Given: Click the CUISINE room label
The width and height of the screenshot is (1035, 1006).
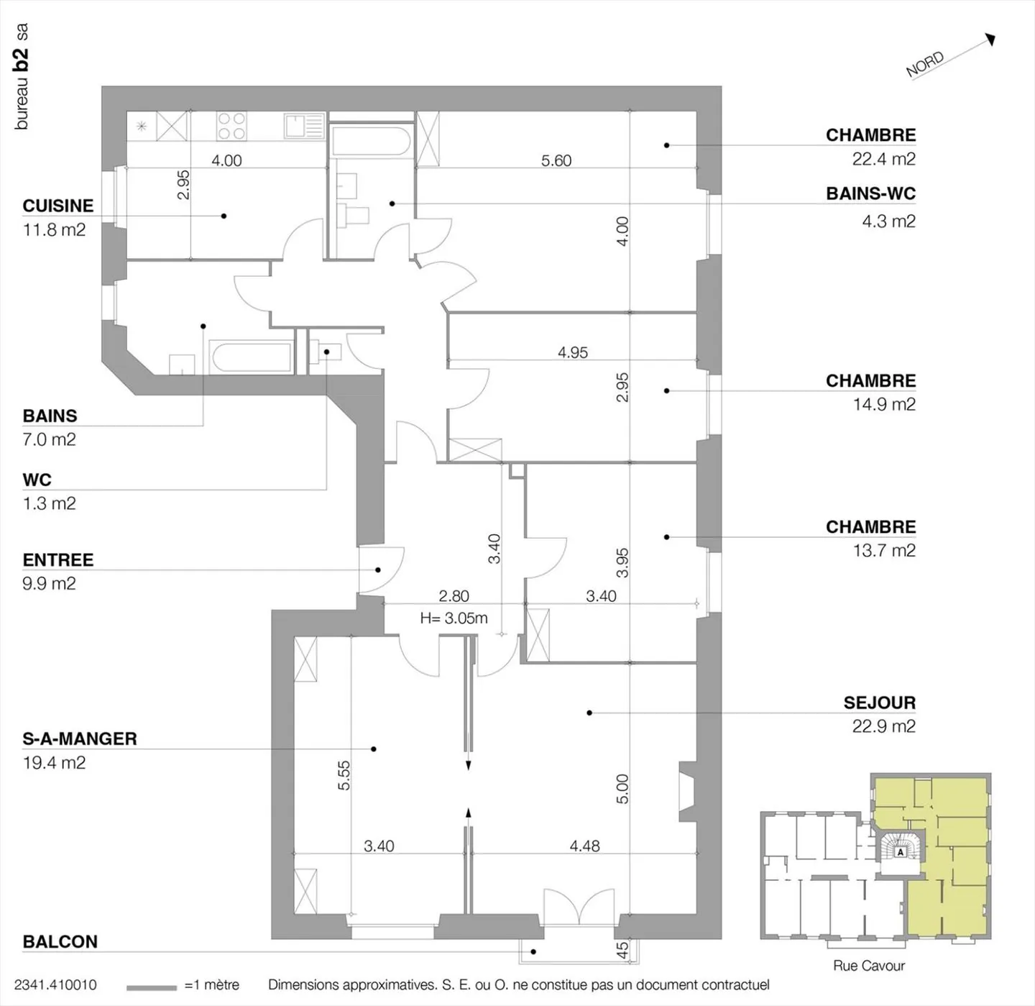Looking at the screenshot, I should click(x=58, y=206).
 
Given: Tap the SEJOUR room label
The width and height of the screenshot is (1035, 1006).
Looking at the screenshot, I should click(x=879, y=703).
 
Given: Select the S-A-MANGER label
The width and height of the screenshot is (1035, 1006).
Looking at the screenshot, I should click(x=80, y=739).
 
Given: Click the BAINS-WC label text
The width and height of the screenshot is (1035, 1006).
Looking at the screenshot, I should click(x=870, y=194).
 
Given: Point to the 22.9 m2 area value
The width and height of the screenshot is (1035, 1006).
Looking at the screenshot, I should click(x=883, y=726).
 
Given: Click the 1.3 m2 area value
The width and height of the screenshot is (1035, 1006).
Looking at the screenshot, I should click(x=49, y=503).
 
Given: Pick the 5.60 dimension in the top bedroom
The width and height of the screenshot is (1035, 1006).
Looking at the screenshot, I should click(x=556, y=160).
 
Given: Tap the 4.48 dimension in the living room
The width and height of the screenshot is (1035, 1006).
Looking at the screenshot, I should click(x=584, y=846).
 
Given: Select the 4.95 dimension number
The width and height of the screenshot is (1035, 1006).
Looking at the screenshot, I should click(x=572, y=352).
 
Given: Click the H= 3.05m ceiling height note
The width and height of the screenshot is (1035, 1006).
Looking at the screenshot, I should click(x=454, y=618).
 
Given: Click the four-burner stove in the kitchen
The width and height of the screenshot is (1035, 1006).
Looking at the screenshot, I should click(x=231, y=127).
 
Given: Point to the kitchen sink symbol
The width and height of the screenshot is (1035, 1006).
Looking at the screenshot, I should click(x=304, y=126).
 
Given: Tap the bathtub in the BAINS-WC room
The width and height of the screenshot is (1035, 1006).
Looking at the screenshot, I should click(x=371, y=141).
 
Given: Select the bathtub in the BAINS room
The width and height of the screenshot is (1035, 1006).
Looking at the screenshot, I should click(x=251, y=357).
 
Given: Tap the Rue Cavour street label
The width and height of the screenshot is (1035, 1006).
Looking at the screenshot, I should click(x=868, y=966).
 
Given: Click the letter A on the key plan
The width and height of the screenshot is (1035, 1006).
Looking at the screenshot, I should click(x=900, y=852).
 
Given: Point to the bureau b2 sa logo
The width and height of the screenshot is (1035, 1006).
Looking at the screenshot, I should click(x=22, y=76).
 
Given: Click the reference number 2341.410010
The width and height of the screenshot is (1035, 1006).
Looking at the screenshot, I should click(x=55, y=985).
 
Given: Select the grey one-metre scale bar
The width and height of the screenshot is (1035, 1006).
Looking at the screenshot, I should click(x=151, y=987).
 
